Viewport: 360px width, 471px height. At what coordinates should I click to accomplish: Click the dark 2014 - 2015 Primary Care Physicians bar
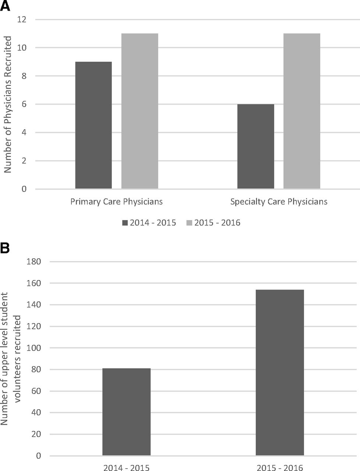(x=93, y=125)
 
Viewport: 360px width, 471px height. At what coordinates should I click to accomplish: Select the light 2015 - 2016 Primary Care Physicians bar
(x=140, y=111)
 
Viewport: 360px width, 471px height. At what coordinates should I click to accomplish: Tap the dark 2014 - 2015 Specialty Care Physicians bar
(x=256, y=146)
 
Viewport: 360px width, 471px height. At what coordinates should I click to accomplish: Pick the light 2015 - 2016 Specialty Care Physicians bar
(x=302, y=111)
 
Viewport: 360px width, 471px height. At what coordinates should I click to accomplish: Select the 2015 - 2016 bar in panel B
(x=280, y=372)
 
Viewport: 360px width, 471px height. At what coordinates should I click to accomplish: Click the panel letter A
(x=5, y=6)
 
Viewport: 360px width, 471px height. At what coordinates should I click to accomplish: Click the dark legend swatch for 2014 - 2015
(x=125, y=223)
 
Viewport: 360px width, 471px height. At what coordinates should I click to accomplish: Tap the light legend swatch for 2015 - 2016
(x=189, y=223)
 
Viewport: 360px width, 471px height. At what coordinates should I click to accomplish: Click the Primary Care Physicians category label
(x=117, y=202)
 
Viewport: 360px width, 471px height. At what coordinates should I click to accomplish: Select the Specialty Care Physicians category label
(x=279, y=202)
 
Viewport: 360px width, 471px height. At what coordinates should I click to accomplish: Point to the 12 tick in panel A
(x=22, y=20)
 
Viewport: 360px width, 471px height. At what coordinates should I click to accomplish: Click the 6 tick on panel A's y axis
(x=24, y=104)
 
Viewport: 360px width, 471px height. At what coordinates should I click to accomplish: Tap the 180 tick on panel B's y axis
(x=34, y=262)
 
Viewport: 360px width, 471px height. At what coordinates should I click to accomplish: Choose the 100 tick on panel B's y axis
(x=34, y=348)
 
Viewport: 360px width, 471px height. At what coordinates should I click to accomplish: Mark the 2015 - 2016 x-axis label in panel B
(x=280, y=468)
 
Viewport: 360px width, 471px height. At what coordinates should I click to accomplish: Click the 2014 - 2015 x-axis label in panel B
(x=126, y=468)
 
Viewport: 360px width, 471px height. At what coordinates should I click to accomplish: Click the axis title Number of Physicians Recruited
(x=8, y=104)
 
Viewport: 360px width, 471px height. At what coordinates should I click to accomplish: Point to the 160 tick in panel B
(x=34, y=283)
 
